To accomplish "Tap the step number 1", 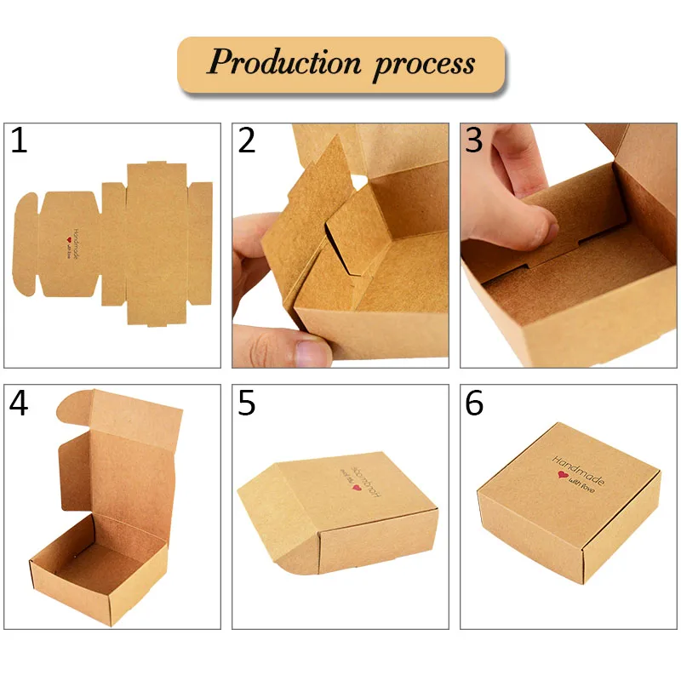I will pyautogui.click(x=19, y=140).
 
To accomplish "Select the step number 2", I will pyautogui.click(x=247, y=140).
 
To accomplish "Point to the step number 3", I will pyautogui.click(x=475, y=140).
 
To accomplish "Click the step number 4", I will pyautogui.click(x=19, y=403).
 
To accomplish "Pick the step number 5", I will pyautogui.click(x=247, y=403).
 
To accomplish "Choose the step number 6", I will pyautogui.click(x=475, y=403).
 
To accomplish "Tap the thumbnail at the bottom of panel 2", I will pyautogui.click(x=310, y=351).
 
